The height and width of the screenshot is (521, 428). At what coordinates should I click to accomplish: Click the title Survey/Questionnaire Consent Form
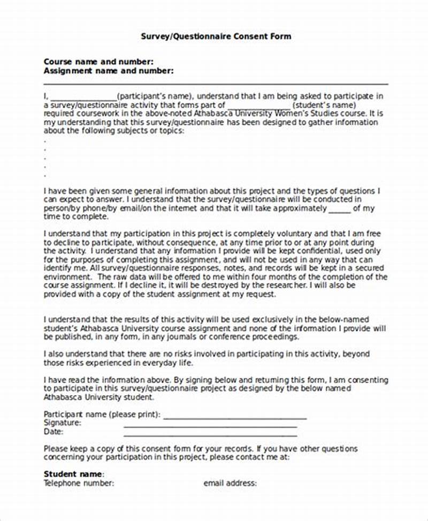pos(216,36)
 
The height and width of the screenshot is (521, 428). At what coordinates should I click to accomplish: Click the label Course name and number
pos(98,62)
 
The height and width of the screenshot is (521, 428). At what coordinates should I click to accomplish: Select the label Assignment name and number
pos(108,70)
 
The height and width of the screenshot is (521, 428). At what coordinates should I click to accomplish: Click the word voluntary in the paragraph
pos(292,234)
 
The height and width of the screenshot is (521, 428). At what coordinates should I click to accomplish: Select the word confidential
pos(337,251)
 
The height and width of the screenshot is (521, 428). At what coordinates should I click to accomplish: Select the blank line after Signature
pos(210,426)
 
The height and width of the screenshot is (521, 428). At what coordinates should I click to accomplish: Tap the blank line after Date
pos(210,434)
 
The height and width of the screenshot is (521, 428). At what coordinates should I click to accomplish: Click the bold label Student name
pos(73,474)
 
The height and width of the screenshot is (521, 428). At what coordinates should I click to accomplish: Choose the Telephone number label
pos(79,483)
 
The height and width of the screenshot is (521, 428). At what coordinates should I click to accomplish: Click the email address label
pos(230,483)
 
